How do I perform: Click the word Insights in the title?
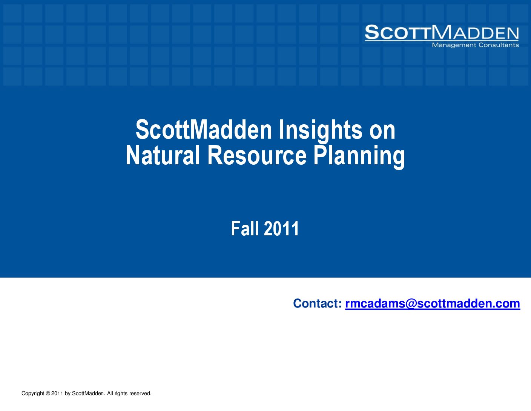coord(321,130)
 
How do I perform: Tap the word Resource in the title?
coord(257,155)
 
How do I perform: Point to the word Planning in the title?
coord(359,157)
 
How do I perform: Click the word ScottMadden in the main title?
coord(204,130)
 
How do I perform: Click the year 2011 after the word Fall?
coord(281,229)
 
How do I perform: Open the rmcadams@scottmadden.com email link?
coord(433,304)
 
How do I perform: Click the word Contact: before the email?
coord(318,303)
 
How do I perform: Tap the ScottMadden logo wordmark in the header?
coord(442,32)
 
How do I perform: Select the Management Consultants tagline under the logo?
coord(475,45)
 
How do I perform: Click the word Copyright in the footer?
coord(33,394)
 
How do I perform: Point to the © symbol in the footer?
coord(48,393)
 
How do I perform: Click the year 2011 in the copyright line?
coord(57,393)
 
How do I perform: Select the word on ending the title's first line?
coord(382,133)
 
